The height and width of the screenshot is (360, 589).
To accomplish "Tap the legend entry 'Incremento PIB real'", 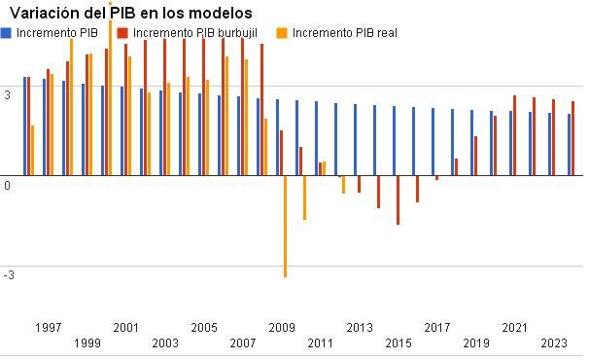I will click(345, 32).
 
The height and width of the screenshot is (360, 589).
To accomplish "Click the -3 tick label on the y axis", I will click(9, 275).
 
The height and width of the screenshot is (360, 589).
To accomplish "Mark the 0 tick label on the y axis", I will click(7, 184).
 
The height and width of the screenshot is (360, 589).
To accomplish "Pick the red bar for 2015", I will click(398, 200).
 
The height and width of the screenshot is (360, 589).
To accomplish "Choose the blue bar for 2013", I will click(355, 140).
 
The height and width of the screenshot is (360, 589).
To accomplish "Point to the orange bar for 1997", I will click(32, 151).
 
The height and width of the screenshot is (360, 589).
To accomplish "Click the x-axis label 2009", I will click(282, 327).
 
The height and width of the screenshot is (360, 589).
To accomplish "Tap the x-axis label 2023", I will click(554, 342).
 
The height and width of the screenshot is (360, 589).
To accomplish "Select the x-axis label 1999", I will click(87, 342).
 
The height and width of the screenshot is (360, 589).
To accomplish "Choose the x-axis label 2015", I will click(398, 342).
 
